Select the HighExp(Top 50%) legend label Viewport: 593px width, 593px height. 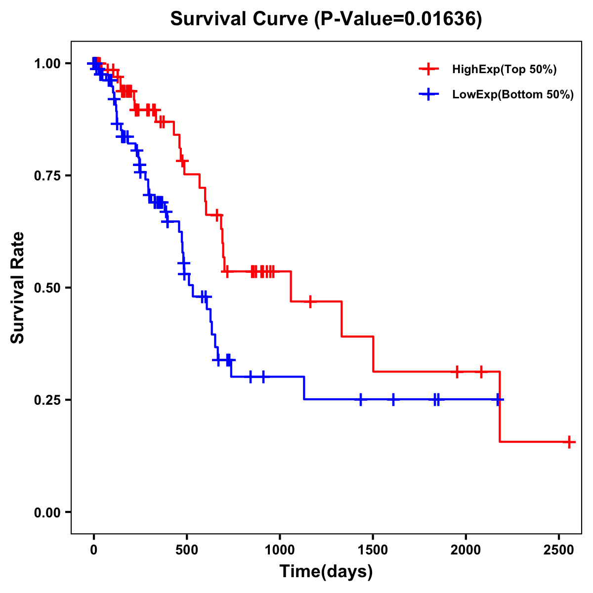tap(505, 70)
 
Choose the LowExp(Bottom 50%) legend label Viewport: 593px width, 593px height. tap(513, 95)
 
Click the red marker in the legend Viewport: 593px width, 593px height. tap(429, 70)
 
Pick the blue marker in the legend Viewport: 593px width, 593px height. tap(429, 95)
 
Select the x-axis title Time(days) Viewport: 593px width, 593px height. tap(326, 572)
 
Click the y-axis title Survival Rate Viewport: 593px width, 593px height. tap(18, 288)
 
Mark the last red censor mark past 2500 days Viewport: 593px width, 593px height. tap(569, 442)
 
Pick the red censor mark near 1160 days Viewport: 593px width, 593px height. tap(310, 301)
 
